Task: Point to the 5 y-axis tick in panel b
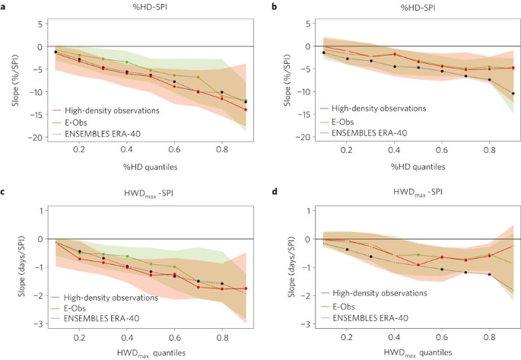tap(308, 24)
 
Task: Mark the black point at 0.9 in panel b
tap(513, 94)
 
